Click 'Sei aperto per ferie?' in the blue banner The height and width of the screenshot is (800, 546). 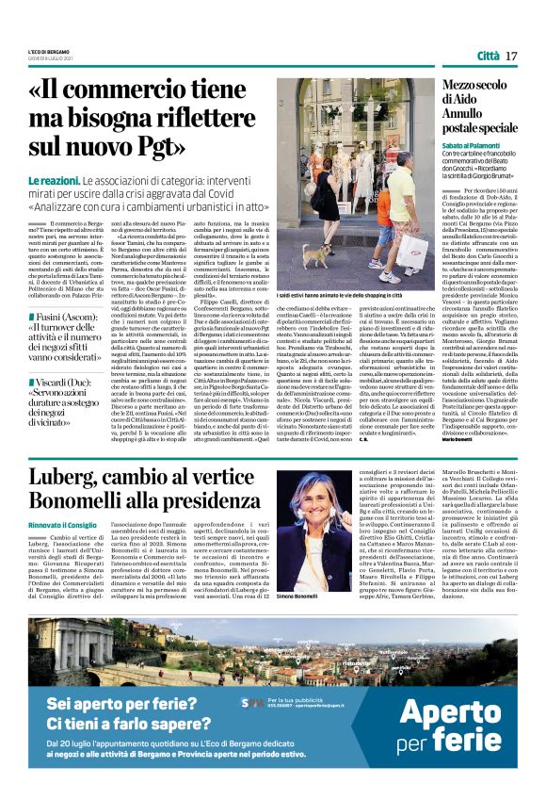point(114,703)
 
